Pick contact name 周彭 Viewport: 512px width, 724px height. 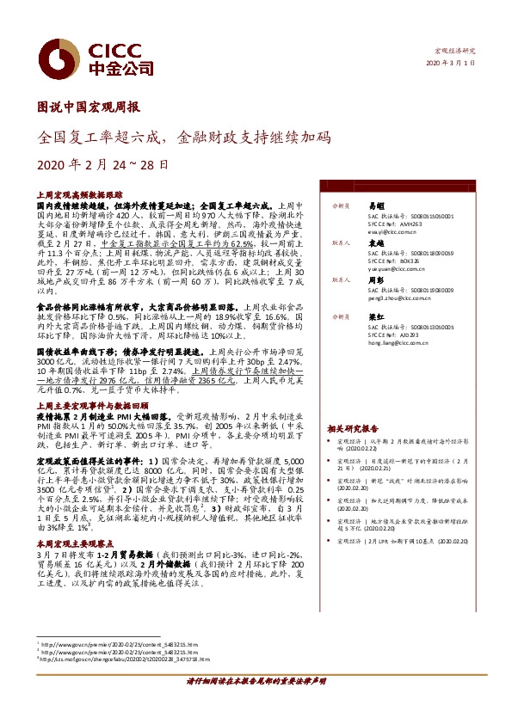pos(374,280)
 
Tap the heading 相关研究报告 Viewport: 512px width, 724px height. pos(353,427)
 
